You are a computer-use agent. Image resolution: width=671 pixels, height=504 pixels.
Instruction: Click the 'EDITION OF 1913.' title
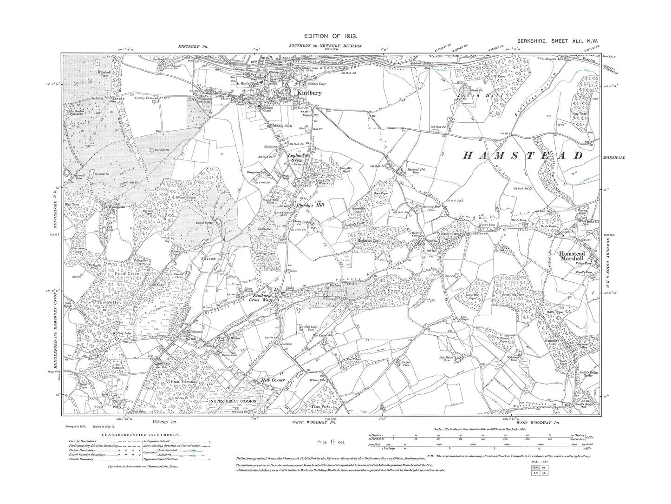coord(330,35)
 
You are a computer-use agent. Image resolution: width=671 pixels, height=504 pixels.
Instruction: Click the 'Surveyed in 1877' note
coord(75,425)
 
